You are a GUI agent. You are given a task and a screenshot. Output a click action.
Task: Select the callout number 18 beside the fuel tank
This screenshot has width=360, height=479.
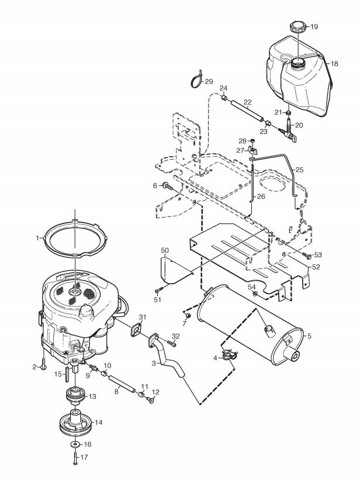pyautogui.click(x=334, y=64)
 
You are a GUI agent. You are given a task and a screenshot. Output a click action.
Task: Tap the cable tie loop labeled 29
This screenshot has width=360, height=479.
pyautogui.click(x=196, y=80)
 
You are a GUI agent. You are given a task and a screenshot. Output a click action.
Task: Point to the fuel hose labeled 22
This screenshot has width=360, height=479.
pyautogui.click(x=246, y=111)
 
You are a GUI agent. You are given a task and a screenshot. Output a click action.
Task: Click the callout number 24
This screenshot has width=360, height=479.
pyautogui.click(x=223, y=88)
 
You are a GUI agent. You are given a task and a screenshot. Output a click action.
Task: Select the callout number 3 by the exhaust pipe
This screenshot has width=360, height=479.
pyautogui.click(x=154, y=364)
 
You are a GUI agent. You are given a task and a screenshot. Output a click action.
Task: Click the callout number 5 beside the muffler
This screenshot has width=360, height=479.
pyautogui.click(x=309, y=336)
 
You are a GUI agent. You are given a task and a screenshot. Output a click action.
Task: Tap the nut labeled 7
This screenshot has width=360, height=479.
pyautogui.click(x=188, y=315)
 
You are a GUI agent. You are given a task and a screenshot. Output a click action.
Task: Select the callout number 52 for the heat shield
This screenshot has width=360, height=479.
pyautogui.click(x=316, y=267)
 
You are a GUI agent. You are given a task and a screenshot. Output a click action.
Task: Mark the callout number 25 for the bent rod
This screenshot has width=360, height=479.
pyautogui.click(x=300, y=170)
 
